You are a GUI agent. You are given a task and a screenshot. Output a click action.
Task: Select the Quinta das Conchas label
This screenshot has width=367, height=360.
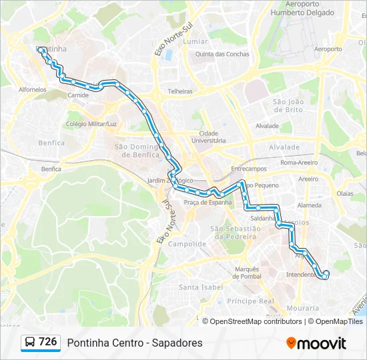(222, 54)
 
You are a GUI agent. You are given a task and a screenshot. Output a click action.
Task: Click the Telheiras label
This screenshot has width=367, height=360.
(180, 91)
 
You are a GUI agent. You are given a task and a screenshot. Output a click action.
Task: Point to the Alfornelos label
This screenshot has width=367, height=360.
(33, 89)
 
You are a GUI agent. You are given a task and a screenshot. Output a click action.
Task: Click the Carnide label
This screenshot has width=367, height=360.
(78, 95)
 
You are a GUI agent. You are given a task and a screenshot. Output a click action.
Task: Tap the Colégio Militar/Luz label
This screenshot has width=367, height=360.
(91, 124)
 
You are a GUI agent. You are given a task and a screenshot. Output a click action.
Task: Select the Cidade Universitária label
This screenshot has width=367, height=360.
(208, 137)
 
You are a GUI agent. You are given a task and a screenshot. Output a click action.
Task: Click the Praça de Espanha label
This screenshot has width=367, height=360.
(208, 202)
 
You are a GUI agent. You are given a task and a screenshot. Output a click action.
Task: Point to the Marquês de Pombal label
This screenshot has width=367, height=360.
(246, 273)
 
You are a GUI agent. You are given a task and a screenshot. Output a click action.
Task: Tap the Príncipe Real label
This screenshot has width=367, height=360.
(250, 301)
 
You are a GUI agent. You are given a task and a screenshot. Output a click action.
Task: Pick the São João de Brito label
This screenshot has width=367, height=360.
(288, 105)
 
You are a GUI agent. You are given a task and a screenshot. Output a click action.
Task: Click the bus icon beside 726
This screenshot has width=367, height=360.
(31, 343)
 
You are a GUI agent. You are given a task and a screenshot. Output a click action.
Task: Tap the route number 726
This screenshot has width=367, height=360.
(48, 342)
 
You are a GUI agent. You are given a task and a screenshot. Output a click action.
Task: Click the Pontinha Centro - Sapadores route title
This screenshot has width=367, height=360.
(134, 343)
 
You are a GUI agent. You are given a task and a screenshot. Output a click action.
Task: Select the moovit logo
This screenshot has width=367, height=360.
(316, 343)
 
